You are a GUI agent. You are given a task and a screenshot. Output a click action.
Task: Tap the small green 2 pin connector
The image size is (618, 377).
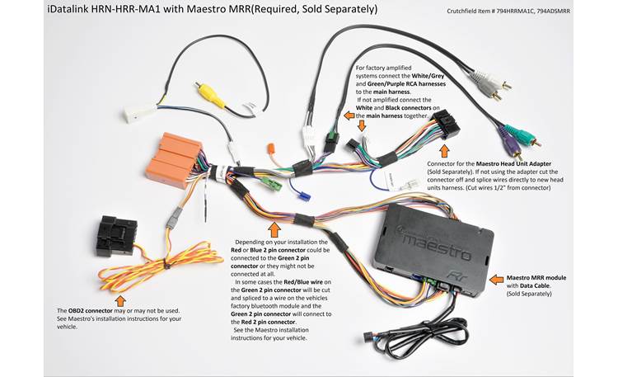276,182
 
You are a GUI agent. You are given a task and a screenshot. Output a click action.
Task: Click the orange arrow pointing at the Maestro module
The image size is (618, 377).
496,280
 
